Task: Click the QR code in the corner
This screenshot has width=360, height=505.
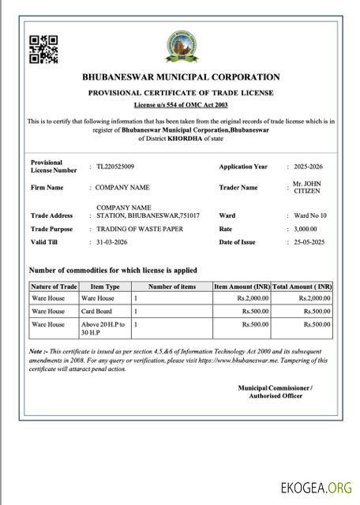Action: [44, 49]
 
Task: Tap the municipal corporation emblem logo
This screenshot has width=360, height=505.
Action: [182, 47]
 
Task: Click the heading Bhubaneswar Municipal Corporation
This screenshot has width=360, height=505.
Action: [181, 77]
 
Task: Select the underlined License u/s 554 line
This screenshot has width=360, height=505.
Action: [181, 104]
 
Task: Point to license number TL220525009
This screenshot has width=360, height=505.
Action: [115, 166]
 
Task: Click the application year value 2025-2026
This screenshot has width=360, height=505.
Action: [306, 166]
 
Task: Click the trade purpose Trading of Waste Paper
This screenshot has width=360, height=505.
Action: [139, 228]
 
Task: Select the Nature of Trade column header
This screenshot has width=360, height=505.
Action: [54, 286]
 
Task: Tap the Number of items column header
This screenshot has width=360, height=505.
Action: [172, 286]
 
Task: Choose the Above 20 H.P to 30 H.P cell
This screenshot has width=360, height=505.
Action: [103, 328]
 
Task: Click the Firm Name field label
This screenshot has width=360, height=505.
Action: [47, 188]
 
